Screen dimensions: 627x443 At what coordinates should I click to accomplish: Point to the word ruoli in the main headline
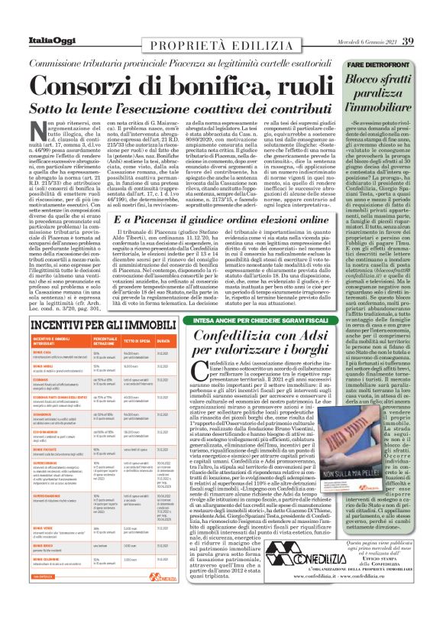tap(278, 83)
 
